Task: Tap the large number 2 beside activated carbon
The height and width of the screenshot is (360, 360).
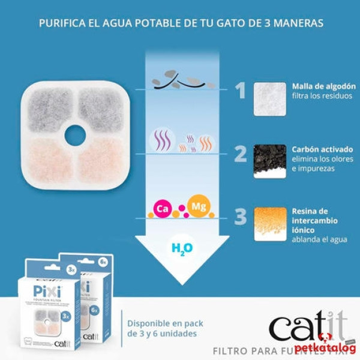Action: point(240,154)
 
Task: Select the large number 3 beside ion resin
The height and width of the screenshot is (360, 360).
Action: point(240,217)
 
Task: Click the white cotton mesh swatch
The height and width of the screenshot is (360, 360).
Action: point(269,98)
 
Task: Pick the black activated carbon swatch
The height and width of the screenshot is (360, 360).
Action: point(269,161)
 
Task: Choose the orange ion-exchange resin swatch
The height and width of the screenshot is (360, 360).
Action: point(269,224)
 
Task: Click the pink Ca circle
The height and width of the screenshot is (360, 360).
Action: point(161,209)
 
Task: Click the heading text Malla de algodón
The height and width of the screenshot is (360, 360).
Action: point(320,86)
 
